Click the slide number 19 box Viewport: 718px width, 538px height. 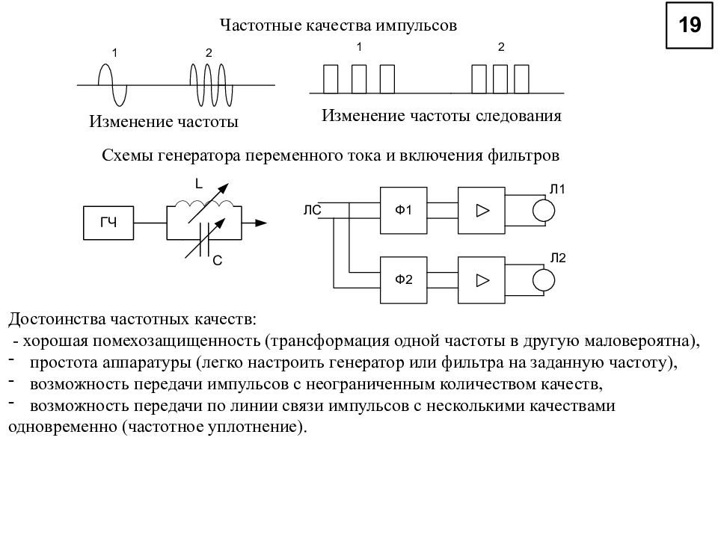point(689,25)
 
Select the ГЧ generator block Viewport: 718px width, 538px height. point(108,223)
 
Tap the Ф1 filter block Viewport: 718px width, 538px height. point(403,211)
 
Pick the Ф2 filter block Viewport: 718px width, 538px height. point(403,280)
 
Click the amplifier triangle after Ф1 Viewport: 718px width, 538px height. point(482,211)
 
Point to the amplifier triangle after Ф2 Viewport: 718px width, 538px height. point(482,280)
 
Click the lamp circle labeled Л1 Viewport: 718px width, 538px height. point(544,211)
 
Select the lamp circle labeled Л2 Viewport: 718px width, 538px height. point(544,280)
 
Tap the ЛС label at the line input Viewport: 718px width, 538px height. point(313,211)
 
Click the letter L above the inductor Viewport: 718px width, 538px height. point(199,184)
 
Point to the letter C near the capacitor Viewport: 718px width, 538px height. point(218,261)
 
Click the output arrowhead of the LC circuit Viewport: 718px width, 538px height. point(261,223)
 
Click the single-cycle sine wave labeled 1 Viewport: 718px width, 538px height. point(112,85)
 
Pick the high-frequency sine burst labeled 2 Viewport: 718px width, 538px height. point(212,85)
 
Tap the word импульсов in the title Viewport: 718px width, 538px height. point(417,25)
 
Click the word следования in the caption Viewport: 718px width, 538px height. point(518,116)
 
